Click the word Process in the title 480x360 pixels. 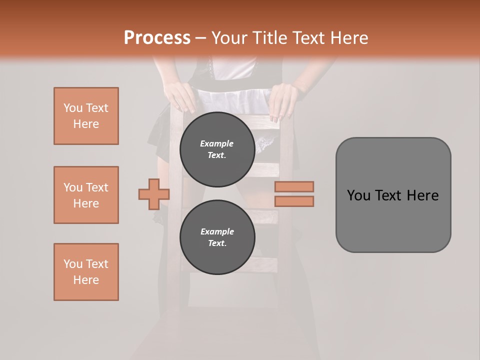(157, 37)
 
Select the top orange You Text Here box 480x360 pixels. (86, 116)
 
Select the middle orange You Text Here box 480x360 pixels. (86, 195)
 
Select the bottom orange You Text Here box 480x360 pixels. (86, 272)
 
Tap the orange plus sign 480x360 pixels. (154, 194)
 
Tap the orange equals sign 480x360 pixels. (294, 194)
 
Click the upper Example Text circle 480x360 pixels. (217, 149)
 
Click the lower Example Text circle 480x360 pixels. (217, 237)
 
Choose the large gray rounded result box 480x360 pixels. (393, 195)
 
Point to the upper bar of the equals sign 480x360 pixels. (294, 186)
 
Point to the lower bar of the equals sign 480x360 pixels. (294, 201)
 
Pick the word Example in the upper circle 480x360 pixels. (217, 143)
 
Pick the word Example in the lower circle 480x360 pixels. (217, 231)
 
